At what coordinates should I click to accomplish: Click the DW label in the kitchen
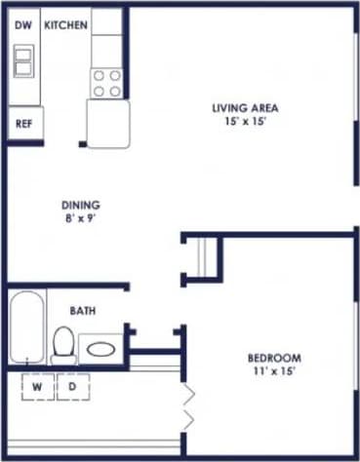(x=22, y=24)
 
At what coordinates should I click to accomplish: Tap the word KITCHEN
(x=66, y=24)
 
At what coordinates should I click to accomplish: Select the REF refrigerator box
(x=23, y=124)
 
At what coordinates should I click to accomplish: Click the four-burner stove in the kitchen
(x=106, y=83)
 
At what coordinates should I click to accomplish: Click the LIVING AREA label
(x=246, y=107)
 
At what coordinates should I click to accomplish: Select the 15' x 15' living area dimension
(x=246, y=123)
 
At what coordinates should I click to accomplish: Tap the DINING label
(x=81, y=206)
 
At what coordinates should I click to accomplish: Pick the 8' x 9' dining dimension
(x=81, y=220)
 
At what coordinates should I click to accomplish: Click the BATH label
(x=82, y=311)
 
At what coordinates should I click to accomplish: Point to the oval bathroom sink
(x=100, y=346)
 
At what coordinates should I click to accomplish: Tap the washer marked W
(x=36, y=386)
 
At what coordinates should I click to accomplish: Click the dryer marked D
(x=71, y=386)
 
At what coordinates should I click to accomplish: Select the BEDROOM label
(x=273, y=358)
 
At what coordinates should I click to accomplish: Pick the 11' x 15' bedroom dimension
(x=273, y=372)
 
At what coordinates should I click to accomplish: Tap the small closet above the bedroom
(x=204, y=257)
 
